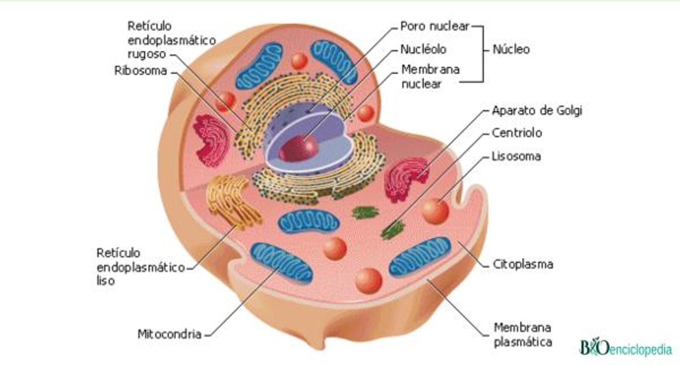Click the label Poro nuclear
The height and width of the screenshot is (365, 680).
(x=435, y=26)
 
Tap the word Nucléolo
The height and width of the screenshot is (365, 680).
(x=423, y=49)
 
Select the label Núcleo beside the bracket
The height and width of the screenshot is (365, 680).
(x=511, y=49)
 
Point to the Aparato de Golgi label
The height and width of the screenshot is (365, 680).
(x=537, y=111)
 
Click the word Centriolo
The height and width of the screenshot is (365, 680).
(x=517, y=133)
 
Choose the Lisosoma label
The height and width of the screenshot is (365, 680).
(x=516, y=157)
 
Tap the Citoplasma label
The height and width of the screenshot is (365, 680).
(x=523, y=264)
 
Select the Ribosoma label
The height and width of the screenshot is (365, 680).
(x=141, y=71)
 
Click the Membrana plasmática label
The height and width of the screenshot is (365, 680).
(x=523, y=335)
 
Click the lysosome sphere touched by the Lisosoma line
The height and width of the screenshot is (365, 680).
(x=435, y=211)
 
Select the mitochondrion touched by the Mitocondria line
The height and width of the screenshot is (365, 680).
(x=281, y=263)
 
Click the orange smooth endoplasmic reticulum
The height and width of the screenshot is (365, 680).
(x=233, y=202)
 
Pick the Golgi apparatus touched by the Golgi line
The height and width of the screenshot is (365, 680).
(x=406, y=179)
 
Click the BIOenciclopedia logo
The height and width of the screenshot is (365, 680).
(x=626, y=348)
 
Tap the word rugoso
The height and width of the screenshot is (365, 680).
(x=146, y=54)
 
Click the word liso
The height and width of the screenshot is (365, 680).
(x=105, y=281)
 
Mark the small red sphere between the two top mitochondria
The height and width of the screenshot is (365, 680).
(x=299, y=61)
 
